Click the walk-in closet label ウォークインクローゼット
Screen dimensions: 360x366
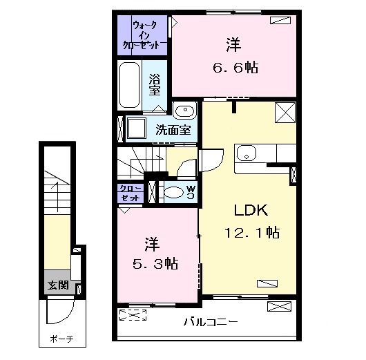pyautogui.click(x=144, y=34)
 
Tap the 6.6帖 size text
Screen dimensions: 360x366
pyautogui.click(x=234, y=68)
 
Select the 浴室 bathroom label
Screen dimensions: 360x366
pyautogui.click(x=155, y=84)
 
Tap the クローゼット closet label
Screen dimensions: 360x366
pyautogui.click(x=131, y=193)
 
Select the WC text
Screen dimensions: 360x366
pyautogui.click(x=190, y=193)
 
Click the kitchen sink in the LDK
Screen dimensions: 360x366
pyautogui.click(x=246, y=153)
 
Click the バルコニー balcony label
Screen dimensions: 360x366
pyautogui.click(x=211, y=322)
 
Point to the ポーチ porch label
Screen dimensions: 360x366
pyautogui.click(x=61, y=340)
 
